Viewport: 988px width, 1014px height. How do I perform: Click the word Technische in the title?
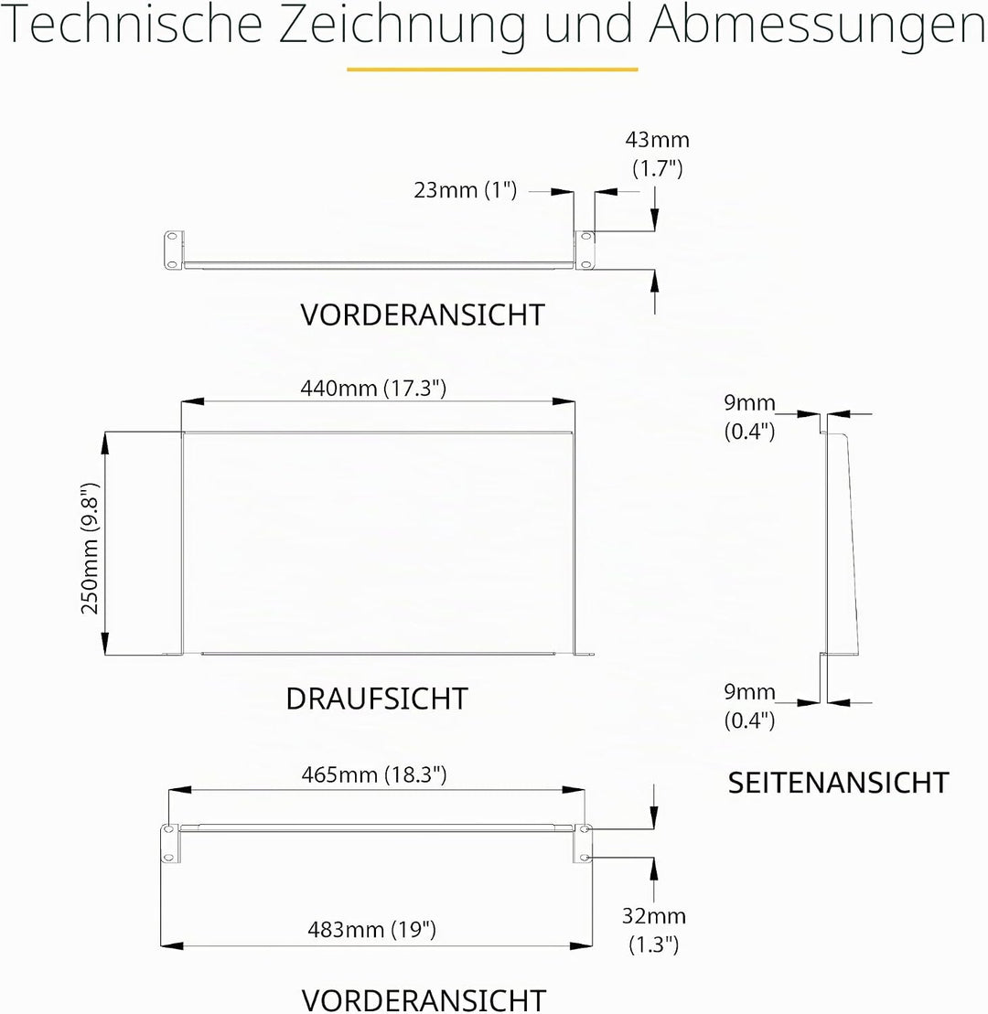132,25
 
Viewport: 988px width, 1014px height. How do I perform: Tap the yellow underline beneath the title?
492,69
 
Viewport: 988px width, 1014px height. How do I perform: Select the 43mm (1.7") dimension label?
658,154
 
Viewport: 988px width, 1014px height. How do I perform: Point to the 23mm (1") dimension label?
466,190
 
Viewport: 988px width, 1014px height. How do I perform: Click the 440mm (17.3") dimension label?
373,388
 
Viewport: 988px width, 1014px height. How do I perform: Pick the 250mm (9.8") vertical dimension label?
90,549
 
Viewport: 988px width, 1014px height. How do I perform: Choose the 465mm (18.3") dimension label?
374,774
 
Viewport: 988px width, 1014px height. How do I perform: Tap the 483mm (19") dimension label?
372,929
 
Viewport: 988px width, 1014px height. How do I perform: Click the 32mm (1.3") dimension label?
653,930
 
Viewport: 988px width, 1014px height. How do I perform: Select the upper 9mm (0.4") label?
749,416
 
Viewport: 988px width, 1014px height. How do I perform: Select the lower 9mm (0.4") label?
749,706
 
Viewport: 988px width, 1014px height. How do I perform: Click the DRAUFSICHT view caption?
377,699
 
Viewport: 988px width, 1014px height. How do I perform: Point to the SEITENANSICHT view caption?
839,783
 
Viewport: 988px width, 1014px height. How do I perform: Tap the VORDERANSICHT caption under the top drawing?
423,315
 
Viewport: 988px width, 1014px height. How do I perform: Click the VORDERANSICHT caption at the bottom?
424,999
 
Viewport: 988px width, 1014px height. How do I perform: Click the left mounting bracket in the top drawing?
174,250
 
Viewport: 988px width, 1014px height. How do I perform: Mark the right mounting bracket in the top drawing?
585,250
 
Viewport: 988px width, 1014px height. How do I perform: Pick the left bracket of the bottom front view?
170,843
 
